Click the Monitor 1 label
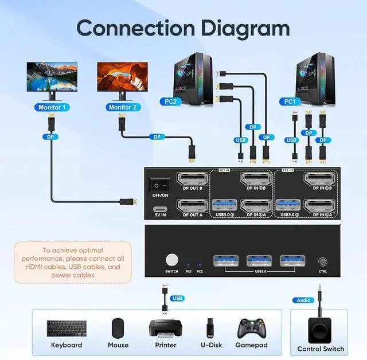coord(52,107)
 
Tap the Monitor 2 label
coord(122,107)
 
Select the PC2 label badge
coord(170,101)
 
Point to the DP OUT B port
coord(192,179)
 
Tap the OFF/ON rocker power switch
coord(160,185)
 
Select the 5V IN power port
coord(160,208)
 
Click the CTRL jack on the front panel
coord(323,261)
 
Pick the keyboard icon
coord(67,328)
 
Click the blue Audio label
coord(303,300)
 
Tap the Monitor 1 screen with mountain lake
coord(52,76)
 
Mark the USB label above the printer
coord(177,298)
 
